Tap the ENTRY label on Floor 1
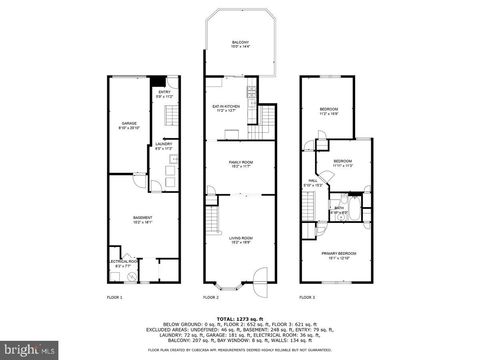pyautogui.click(x=166, y=94)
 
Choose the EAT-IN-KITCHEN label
pyautogui.click(x=225, y=108)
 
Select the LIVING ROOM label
pyautogui.click(x=239, y=239)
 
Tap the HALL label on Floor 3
pyautogui.click(x=313, y=182)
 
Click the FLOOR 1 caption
pyautogui.click(x=115, y=297)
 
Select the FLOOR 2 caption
pyautogui.click(x=211, y=297)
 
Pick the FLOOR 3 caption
pyautogui.click(x=308, y=297)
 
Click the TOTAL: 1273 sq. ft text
pyautogui.click(x=239, y=314)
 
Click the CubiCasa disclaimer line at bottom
pyautogui.click(x=239, y=350)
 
